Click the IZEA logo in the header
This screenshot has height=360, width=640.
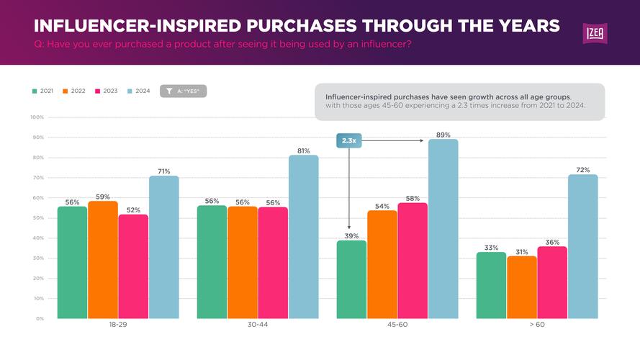point(595,33)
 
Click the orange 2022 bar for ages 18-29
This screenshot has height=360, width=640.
point(103,259)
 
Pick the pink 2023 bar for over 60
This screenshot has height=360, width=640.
point(552,282)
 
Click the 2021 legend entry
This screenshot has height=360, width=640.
point(43,91)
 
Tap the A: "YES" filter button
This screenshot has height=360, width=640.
point(183,91)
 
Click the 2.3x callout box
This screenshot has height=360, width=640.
point(348,141)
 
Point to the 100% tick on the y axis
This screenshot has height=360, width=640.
point(37,117)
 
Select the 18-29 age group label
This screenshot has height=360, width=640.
point(118,325)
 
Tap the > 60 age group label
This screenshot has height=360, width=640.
point(537,325)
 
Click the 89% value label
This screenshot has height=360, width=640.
point(443,135)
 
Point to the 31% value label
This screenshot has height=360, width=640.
point(522,252)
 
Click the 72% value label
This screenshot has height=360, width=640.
point(583,170)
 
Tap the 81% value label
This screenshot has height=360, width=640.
point(304,151)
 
